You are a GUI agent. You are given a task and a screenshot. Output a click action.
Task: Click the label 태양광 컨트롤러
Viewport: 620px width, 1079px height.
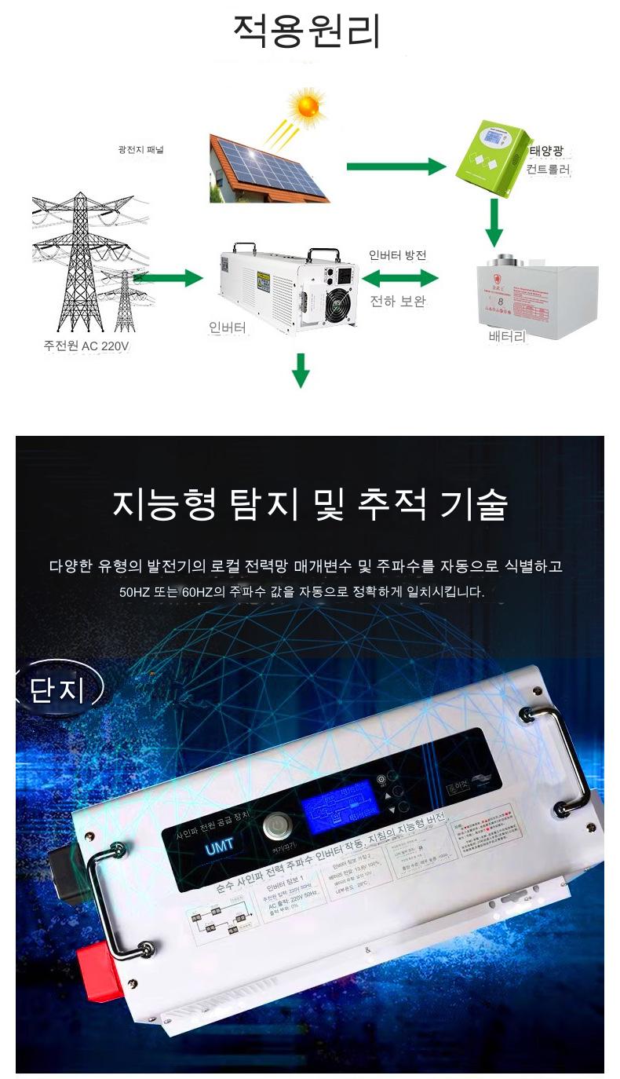coord(549,159)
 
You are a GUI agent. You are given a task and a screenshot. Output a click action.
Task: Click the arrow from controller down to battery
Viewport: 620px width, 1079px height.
coord(494,221)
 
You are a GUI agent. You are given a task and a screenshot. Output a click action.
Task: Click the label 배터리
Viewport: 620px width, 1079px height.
coord(506,337)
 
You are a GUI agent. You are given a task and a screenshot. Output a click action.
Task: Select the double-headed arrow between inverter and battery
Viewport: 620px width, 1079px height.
coord(400,277)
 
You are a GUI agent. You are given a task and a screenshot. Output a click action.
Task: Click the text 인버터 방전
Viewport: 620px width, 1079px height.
coord(398,255)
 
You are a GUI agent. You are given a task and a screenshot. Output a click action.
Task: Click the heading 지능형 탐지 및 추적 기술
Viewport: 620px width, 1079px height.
coord(310,505)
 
